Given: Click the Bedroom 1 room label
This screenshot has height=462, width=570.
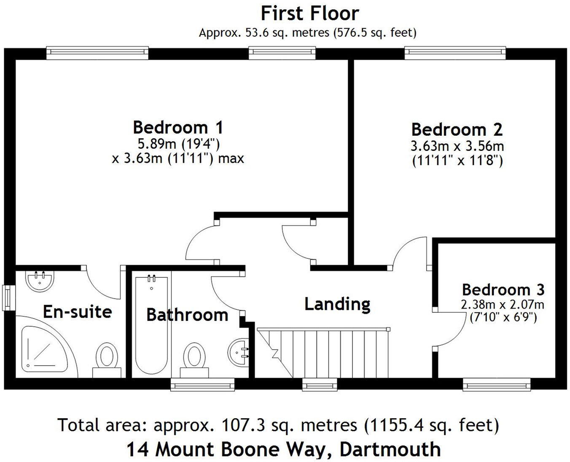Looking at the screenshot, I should click(177, 127).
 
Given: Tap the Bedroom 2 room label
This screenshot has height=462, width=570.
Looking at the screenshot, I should click(457, 129).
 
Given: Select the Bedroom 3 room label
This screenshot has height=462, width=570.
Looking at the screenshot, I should click(503, 290).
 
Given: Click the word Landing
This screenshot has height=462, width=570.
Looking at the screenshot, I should click(337, 304).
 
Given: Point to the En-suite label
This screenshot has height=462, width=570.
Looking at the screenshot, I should click(78, 312).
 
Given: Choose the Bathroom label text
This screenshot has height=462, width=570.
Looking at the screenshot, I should click(187, 314).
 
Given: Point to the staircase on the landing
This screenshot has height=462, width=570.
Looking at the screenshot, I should click(323, 353).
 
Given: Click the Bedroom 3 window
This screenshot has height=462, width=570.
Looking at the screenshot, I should click(496, 384).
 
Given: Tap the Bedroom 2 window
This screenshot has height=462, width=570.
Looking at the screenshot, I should click(455, 52).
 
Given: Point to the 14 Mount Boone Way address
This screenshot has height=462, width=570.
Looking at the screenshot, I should click(283, 449).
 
